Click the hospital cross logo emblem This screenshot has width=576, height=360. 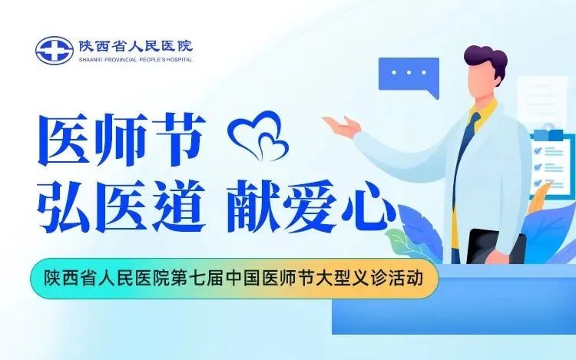coord(54,50)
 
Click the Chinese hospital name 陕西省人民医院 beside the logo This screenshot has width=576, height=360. coord(134,45)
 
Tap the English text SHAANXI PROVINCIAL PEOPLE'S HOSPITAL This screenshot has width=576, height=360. coord(134,59)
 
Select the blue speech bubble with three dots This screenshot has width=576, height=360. coord(408,74)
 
